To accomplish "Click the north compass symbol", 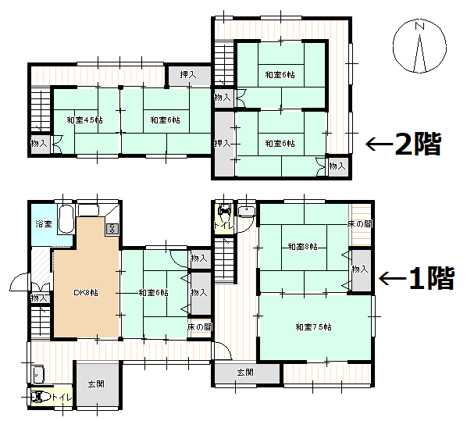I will tap(420, 46).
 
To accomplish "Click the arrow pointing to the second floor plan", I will tap(379, 144).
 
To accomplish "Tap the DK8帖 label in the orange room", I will tap(85, 293).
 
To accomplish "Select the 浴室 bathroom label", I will tap(43, 224).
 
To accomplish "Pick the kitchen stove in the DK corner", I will tap(111, 228).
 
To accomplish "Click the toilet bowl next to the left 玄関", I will tap(41, 398).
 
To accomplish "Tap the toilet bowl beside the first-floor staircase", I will tap(225, 212).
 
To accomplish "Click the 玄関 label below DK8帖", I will tap(96, 384).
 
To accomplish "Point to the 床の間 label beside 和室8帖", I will tap(359, 224).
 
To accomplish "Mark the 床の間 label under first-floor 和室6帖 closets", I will tap(199, 327).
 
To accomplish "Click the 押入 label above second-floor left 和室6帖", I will tap(187, 75).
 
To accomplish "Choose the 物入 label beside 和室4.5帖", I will tap(39, 144).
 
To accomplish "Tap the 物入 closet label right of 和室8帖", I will tap(359, 269).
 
